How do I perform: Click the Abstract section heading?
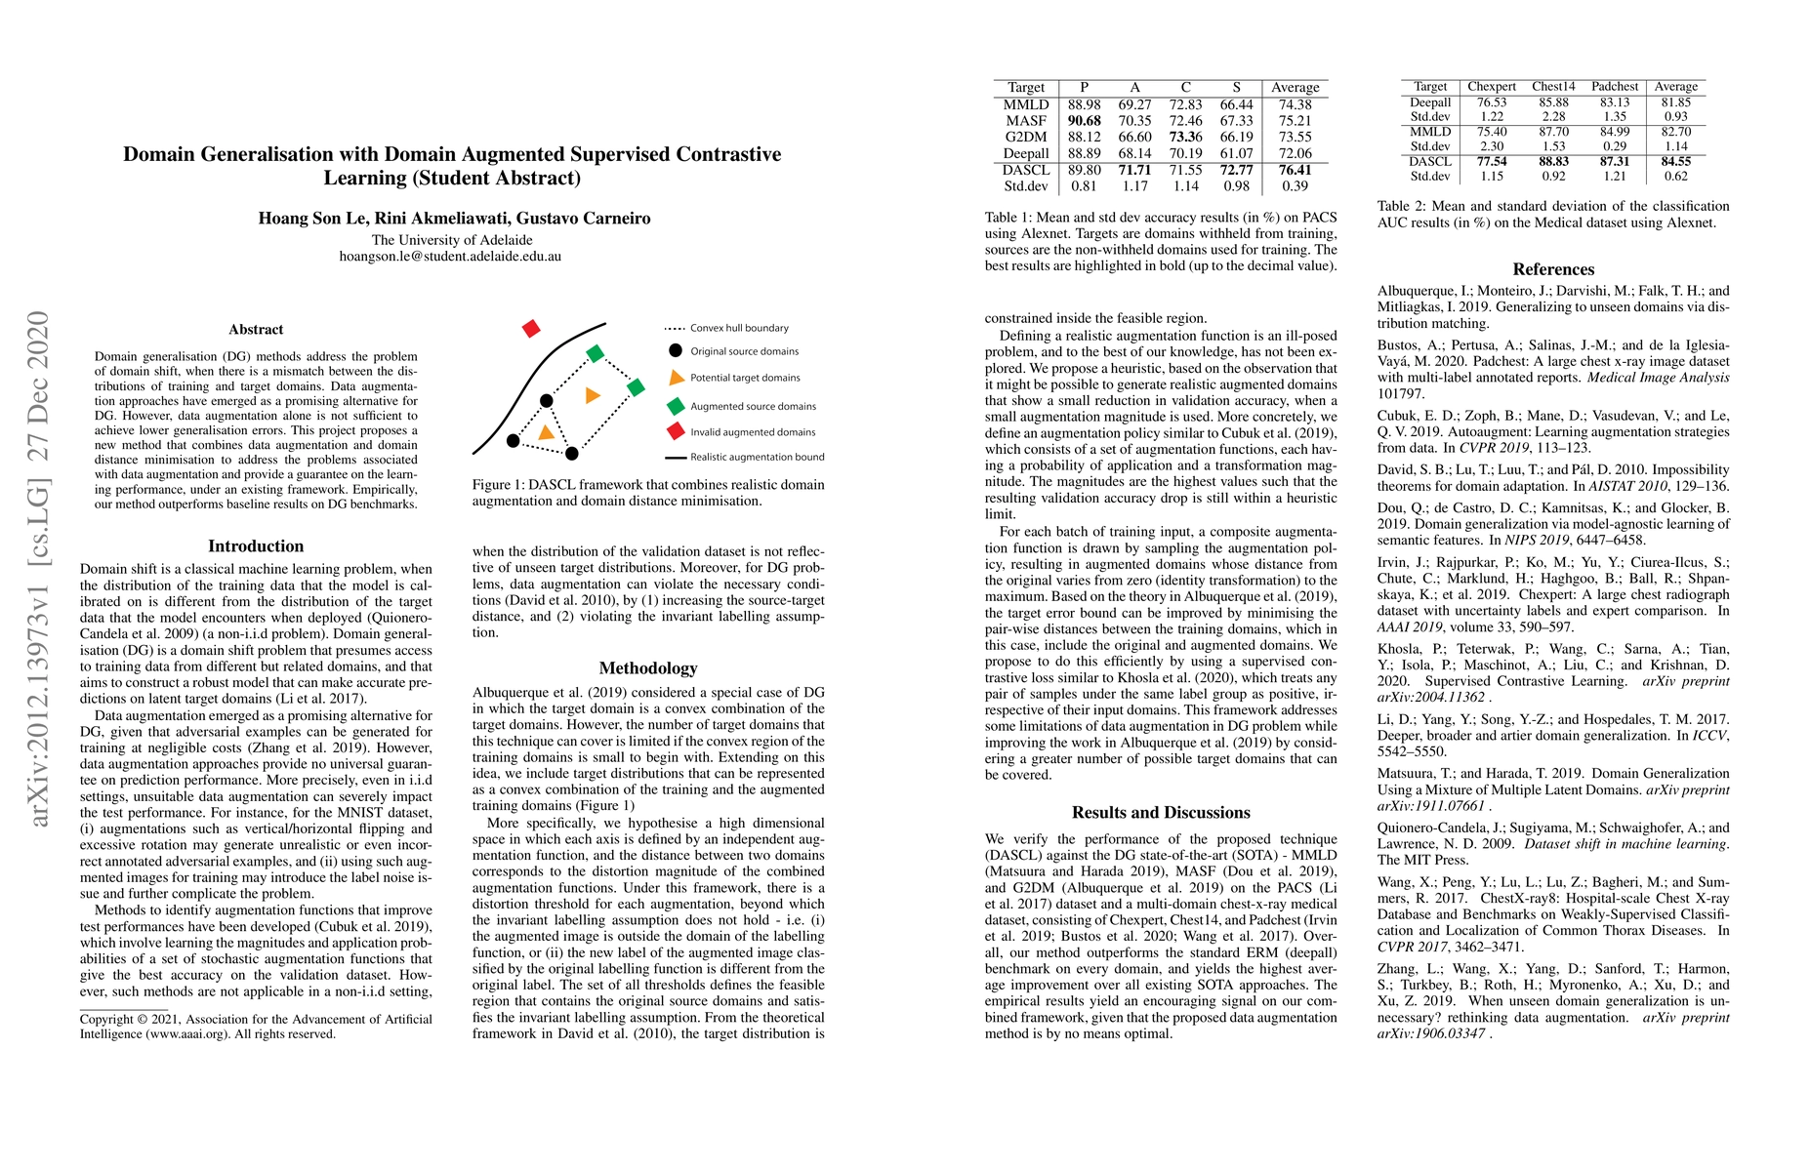[256, 330]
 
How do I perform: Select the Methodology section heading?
[648, 668]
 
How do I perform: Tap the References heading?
[1553, 269]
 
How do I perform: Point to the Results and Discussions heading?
[1161, 813]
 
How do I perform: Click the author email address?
[450, 257]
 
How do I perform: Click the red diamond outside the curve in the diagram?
[531, 329]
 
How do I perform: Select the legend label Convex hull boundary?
[739, 328]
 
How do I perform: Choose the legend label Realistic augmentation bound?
[757, 457]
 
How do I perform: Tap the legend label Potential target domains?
[745, 378]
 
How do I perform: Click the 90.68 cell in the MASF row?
[1084, 121]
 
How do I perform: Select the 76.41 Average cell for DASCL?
[1296, 170]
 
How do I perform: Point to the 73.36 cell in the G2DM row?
[1185, 138]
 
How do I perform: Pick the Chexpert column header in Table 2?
[1492, 87]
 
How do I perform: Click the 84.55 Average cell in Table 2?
[1676, 162]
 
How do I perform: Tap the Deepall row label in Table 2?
[1430, 102]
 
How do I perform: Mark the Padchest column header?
[1615, 87]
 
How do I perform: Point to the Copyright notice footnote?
[256, 1027]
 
